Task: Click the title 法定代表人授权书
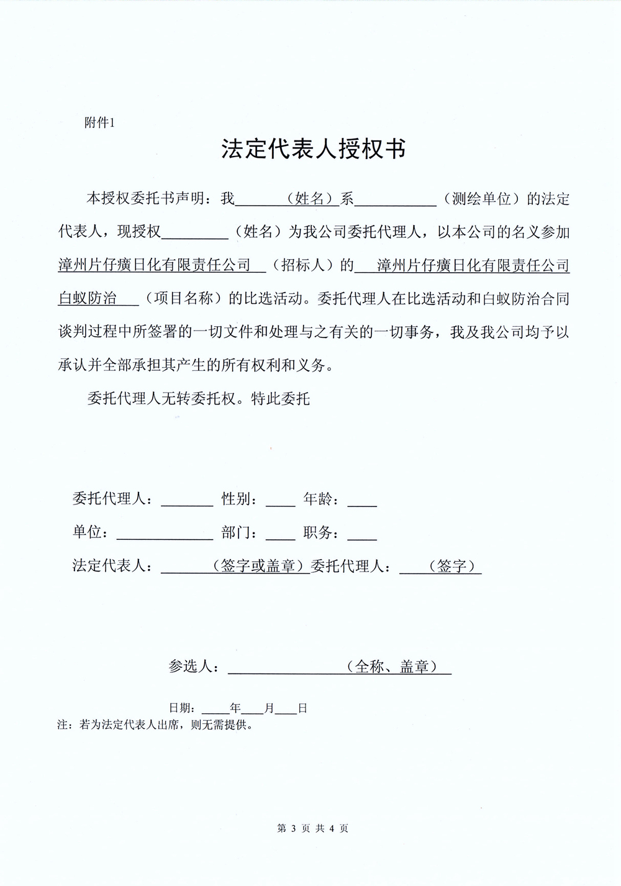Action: pyautogui.click(x=314, y=150)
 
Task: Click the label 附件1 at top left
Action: pyautogui.click(x=99, y=123)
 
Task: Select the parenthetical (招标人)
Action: pyautogui.click(x=303, y=265)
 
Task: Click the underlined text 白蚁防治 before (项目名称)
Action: pyautogui.click(x=88, y=298)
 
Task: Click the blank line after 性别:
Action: pyautogui.click(x=280, y=503)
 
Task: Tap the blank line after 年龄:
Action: pyautogui.click(x=362, y=503)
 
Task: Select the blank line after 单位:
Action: pyautogui.click(x=165, y=536)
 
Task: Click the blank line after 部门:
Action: pyautogui.click(x=280, y=536)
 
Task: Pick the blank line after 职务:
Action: pyautogui.click(x=362, y=536)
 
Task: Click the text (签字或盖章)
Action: pyautogui.click(x=261, y=566)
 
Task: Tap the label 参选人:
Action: pyautogui.click(x=193, y=667)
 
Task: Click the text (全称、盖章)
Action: pyautogui.click(x=391, y=667)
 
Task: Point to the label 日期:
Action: pyautogui.click(x=183, y=708)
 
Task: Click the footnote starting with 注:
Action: pyautogui.click(x=155, y=724)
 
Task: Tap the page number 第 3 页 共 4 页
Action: pyautogui.click(x=312, y=828)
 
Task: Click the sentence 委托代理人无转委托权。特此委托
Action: pyautogui.click(x=199, y=399)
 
